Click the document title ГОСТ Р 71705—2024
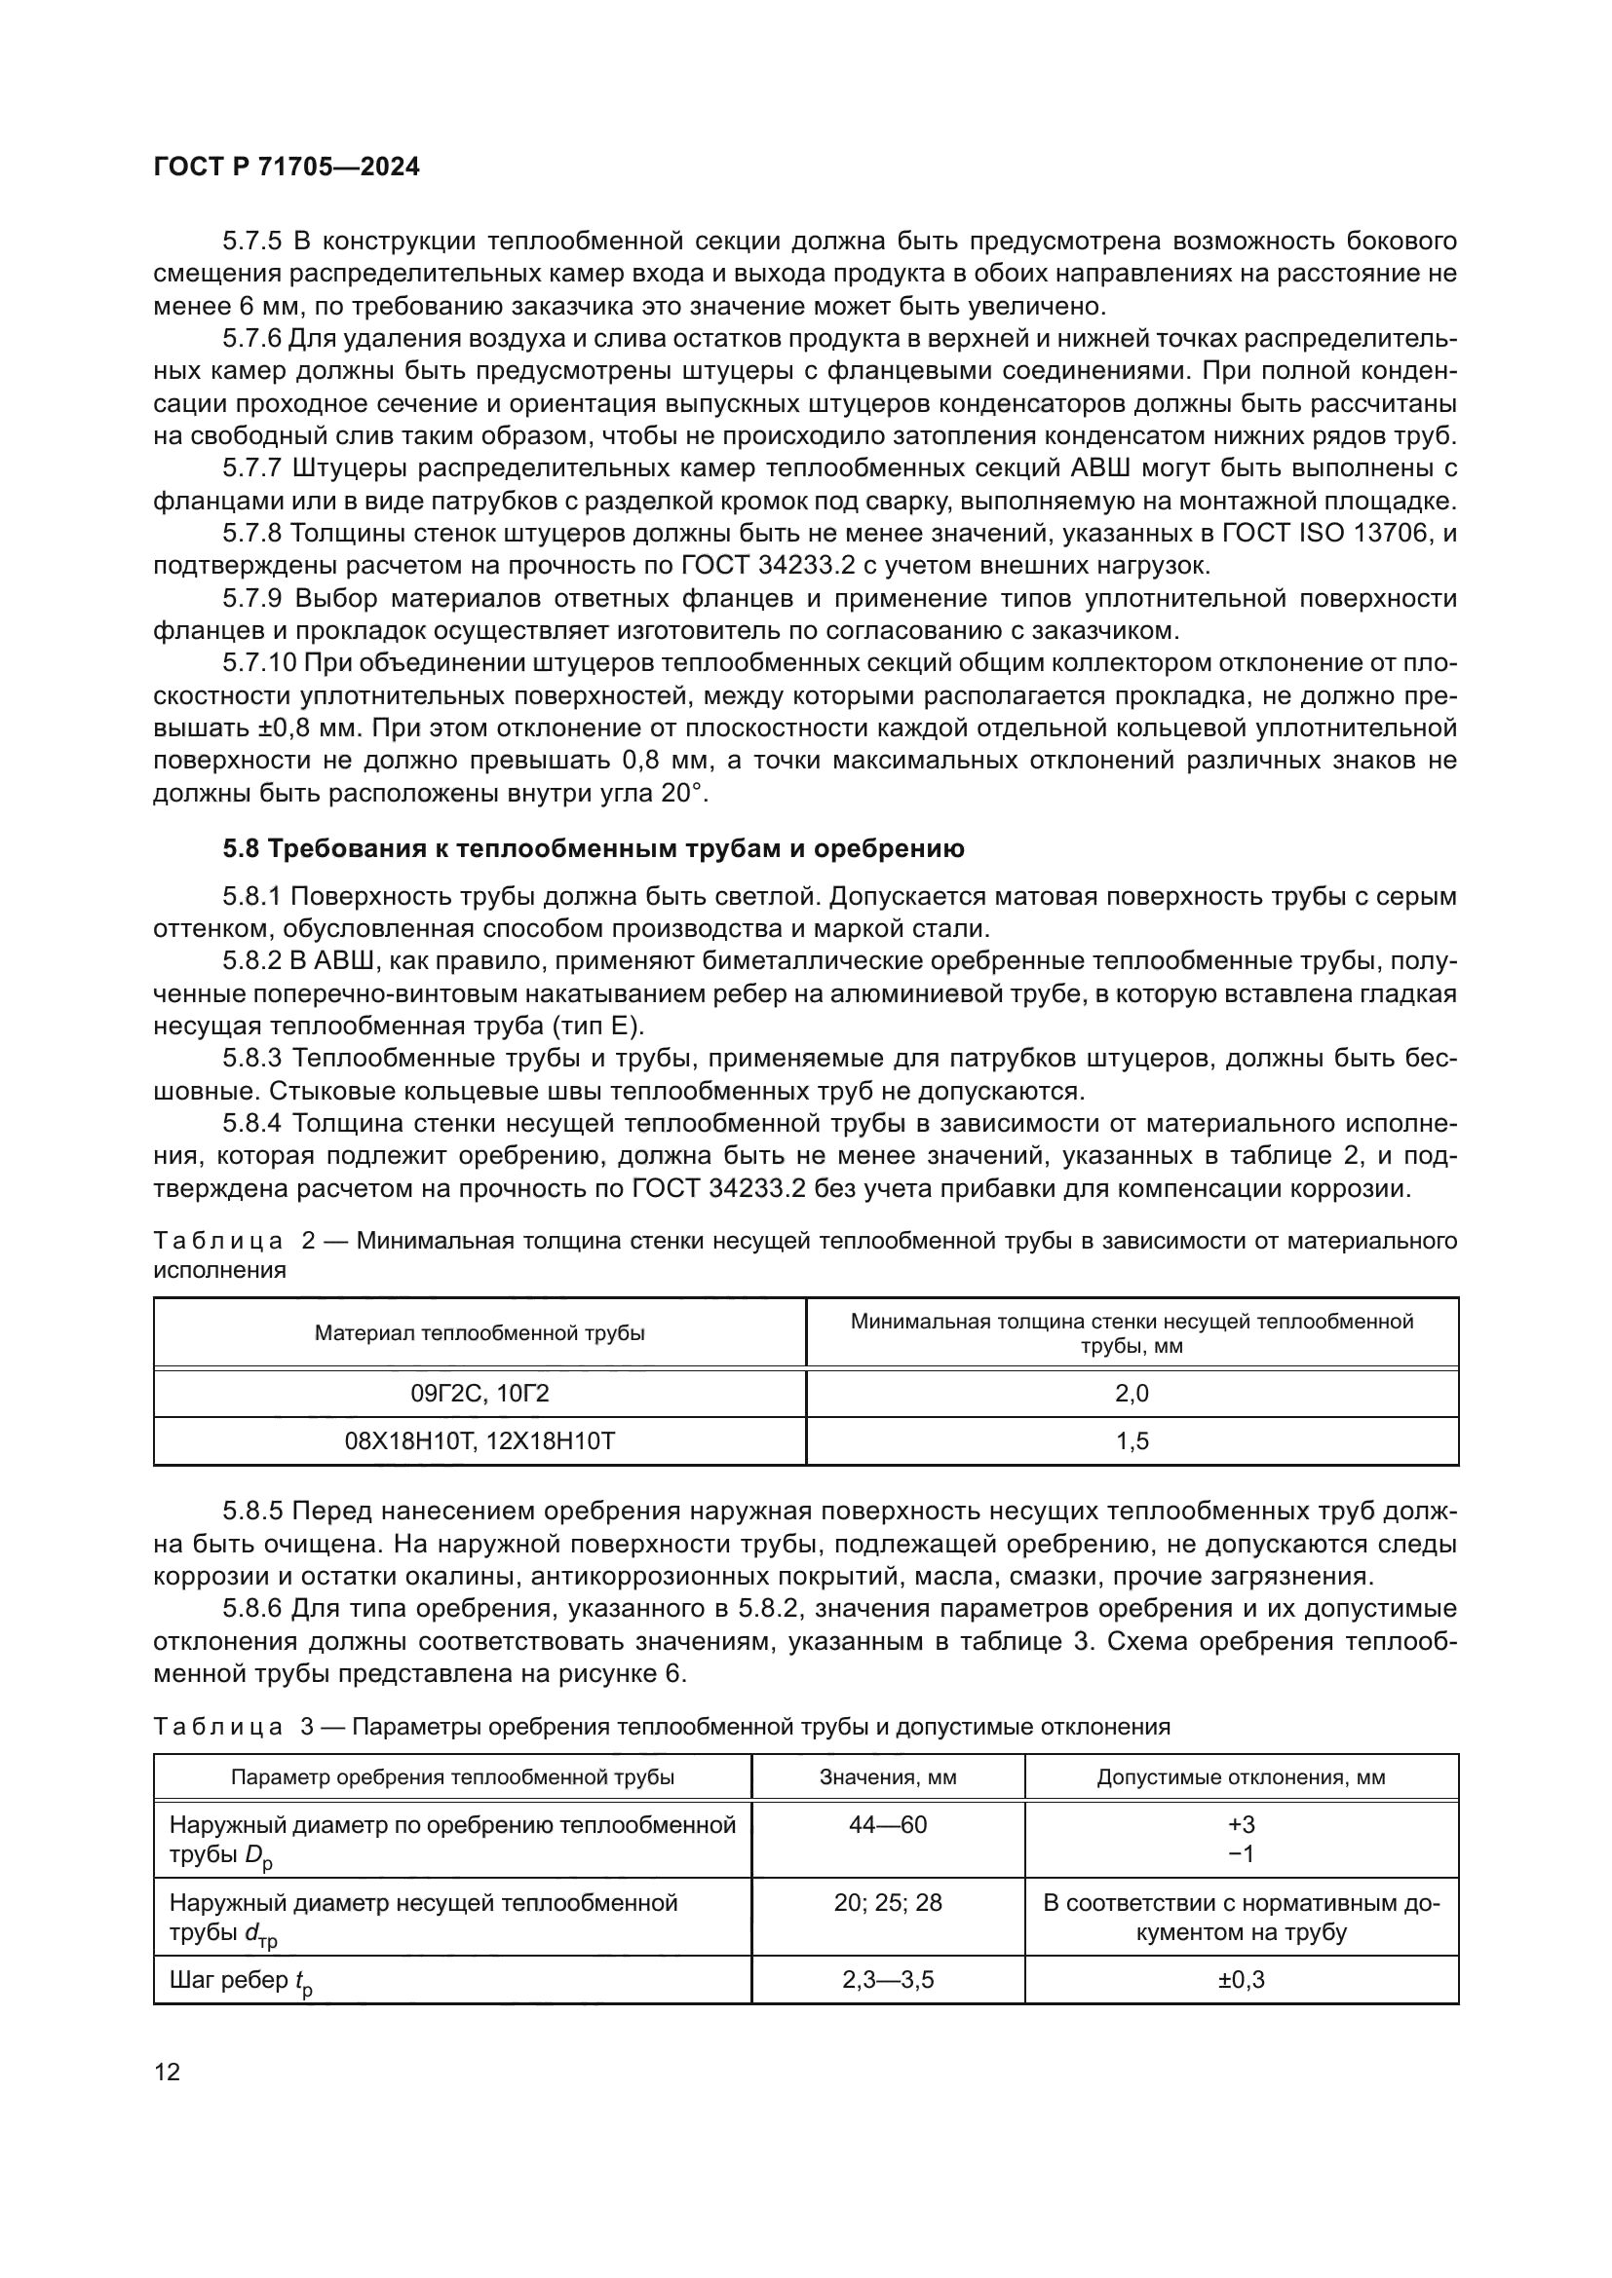(287, 167)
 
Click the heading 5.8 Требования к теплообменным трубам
(593, 849)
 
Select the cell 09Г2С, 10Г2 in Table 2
(480, 1393)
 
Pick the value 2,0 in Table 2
(1132, 1393)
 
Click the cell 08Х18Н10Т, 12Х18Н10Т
(480, 1440)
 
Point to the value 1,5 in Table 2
(1132, 1440)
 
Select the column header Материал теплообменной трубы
(480, 1332)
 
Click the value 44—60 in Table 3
(888, 1824)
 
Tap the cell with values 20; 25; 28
(888, 1903)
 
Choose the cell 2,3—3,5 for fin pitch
(888, 1979)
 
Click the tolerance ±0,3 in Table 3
(1241, 1979)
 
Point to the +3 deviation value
(1241, 1824)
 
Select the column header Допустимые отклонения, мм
(1241, 1777)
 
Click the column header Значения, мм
(888, 1777)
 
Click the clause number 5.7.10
(258, 664)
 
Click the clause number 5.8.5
(252, 1512)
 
